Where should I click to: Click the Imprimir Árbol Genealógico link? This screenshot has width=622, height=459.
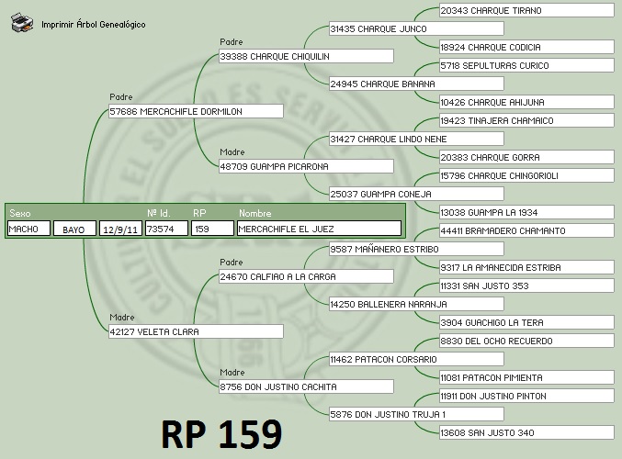click(x=93, y=24)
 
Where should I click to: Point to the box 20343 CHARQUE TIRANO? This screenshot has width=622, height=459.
click(x=526, y=10)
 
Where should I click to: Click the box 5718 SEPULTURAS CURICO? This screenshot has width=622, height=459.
click(x=526, y=65)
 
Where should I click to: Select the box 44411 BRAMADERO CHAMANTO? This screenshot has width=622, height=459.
click(x=526, y=230)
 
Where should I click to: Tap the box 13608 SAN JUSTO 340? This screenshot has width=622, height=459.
click(x=526, y=432)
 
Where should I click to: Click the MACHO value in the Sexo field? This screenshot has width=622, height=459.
click(x=28, y=229)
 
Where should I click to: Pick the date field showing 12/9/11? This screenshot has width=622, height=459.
click(x=120, y=229)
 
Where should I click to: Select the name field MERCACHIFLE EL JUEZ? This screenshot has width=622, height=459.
click(x=318, y=229)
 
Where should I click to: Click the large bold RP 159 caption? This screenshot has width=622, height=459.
click(x=221, y=432)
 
